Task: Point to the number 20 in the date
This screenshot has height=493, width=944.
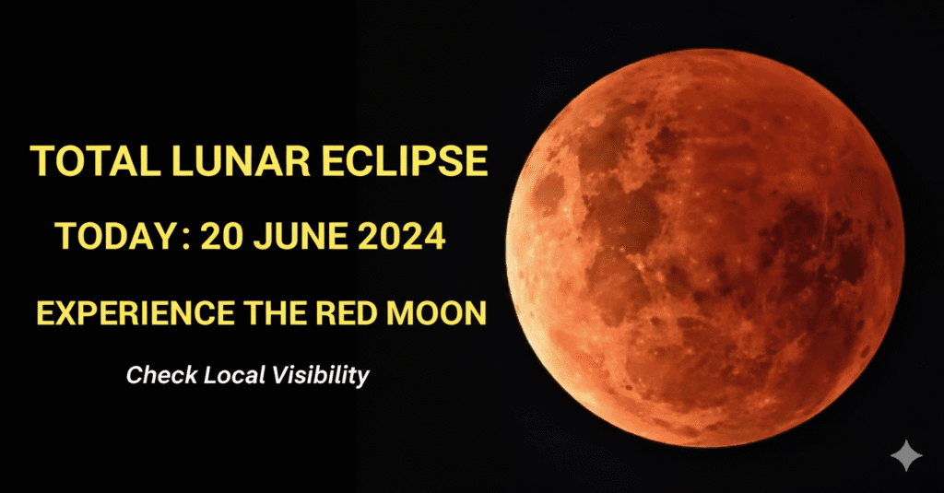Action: click(x=221, y=236)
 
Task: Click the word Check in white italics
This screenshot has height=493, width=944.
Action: click(x=162, y=375)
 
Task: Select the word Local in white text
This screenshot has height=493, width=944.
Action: click(x=235, y=375)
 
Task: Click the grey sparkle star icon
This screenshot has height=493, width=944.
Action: click(x=906, y=455)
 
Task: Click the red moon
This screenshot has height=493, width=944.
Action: click(x=705, y=248)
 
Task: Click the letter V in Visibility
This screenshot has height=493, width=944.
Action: click(x=280, y=374)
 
